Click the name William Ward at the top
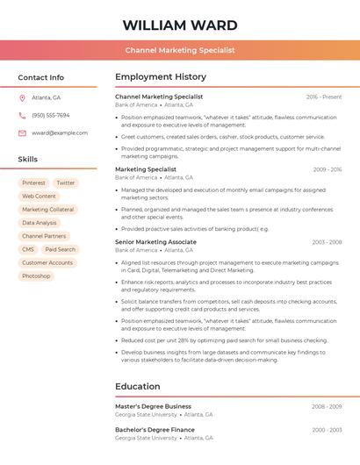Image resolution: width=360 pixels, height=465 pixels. pyautogui.click(x=179, y=24)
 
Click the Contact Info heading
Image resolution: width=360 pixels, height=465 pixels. pyautogui.click(x=40, y=77)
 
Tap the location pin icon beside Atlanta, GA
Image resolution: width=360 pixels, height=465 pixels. pyautogui.click(x=22, y=97)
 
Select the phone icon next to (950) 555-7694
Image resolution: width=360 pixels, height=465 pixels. pyautogui.click(x=22, y=115)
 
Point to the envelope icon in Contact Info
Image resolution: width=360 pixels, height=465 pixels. pyautogui.click(x=22, y=132)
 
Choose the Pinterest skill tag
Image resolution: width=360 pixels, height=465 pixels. pyautogui.click(x=34, y=182)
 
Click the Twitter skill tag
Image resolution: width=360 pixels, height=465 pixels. pyautogui.click(x=66, y=182)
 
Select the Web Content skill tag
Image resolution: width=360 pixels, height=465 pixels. pyautogui.click(x=39, y=197)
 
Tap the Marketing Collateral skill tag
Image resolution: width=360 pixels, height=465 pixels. pyautogui.click(x=47, y=210)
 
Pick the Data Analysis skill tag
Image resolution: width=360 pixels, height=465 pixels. pyautogui.click(x=40, y=223)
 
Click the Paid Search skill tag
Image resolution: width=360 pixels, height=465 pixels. pyautogui.click(x=61, y=249)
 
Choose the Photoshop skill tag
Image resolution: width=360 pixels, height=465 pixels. pyautogui.click(x=36, y=275)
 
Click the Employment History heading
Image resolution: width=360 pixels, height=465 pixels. pyautogui.click(x=161, y=77)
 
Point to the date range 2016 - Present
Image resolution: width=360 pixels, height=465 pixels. pyautogui.click(x=324, y=97)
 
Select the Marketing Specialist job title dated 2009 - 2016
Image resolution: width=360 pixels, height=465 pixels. pyautogui.click(x=146, y=169)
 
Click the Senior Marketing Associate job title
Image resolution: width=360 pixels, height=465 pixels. pyautogui.click(x=155, y=241)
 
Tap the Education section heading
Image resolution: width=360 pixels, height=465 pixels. pyautogui.click(x=138, y=386)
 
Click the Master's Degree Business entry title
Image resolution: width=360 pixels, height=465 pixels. pyautogui.click(x=153, y=406)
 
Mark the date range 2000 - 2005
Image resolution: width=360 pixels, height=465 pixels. pyautogui.click(x=327, y=430)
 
